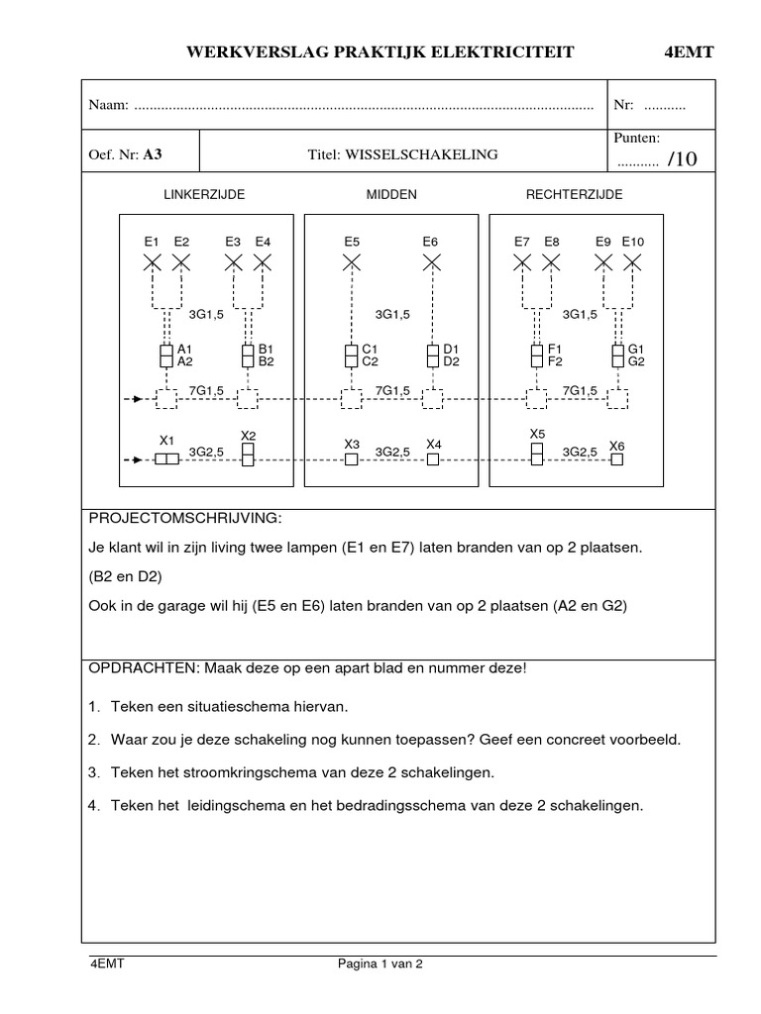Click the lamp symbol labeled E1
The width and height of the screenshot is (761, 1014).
click(153, 262)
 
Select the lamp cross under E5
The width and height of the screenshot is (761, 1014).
click(352, 262)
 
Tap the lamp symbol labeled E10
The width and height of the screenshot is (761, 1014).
click(632, 262)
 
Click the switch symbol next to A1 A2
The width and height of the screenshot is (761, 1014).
click(166, 355)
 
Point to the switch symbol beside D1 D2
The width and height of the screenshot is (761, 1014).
click(433, 355)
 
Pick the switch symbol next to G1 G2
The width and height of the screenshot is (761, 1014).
click(618, 355)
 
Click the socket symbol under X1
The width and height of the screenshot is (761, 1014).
click(166, 459)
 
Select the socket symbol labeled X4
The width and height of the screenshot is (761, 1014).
click(433, 459)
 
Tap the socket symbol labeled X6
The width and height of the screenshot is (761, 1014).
click(618, 460)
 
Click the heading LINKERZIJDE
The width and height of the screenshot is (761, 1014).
click(204, 195)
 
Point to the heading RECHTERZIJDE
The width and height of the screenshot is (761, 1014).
click(574, 195)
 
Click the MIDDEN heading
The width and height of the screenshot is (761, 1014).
click(391, 195)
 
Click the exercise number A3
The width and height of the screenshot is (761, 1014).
click(152, 154)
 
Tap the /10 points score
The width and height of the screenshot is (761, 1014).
click(683, 160)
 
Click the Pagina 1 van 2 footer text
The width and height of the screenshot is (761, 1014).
click(380, 962)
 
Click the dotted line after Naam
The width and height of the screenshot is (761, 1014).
click(363, 105)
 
